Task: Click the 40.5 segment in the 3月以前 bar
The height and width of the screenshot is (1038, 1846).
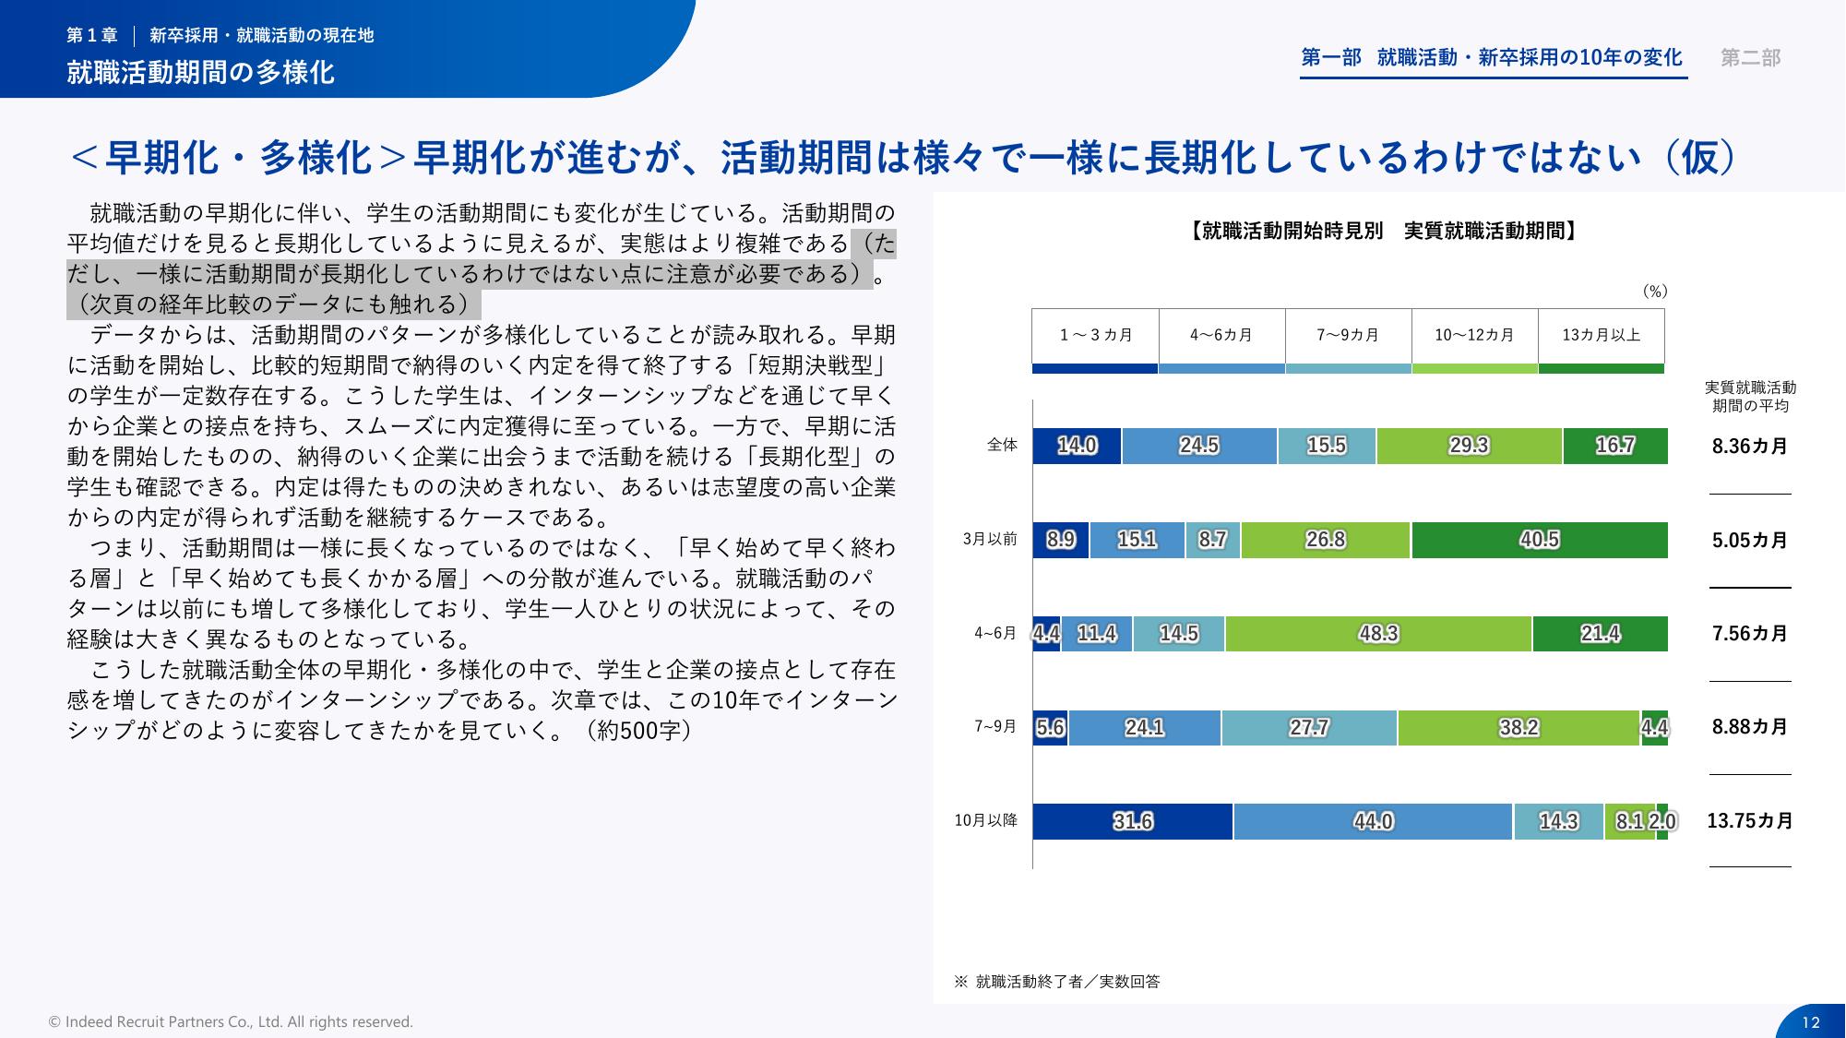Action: tap(1539, 540)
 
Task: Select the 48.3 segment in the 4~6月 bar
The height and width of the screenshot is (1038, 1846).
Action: tap(1378, 634)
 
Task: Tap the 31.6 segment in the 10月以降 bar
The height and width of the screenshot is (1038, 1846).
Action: tap(1132, 821)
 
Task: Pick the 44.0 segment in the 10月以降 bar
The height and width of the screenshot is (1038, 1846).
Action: tap(1373, 821)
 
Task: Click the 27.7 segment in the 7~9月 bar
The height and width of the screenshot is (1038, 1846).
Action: tap(1308, 728)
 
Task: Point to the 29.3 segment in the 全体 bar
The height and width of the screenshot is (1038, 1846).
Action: tap(1469, 446)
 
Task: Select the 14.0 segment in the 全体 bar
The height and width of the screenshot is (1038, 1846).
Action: tap(1077, 446)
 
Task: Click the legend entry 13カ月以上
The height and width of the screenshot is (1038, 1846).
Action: tap(1601, 335)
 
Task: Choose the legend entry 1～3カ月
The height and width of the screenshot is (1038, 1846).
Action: tap(1095, 335)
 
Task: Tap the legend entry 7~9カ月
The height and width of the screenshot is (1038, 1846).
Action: tap(1348, 335)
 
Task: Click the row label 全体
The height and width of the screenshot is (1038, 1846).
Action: tap(1002, 445)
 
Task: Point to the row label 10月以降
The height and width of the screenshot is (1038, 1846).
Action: tap(985, 820)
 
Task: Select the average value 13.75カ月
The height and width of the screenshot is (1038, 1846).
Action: tap(1750, 820)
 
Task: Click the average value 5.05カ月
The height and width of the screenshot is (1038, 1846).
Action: tap(1750, 540)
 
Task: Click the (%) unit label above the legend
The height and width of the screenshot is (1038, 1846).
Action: tap(1655, 292)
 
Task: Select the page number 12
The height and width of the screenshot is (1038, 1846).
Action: tap(1810, 1021)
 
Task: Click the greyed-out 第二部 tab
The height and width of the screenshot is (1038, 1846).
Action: tap(1750, 58)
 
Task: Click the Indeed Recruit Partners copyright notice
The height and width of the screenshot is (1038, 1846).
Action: tap(231, 1021)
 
